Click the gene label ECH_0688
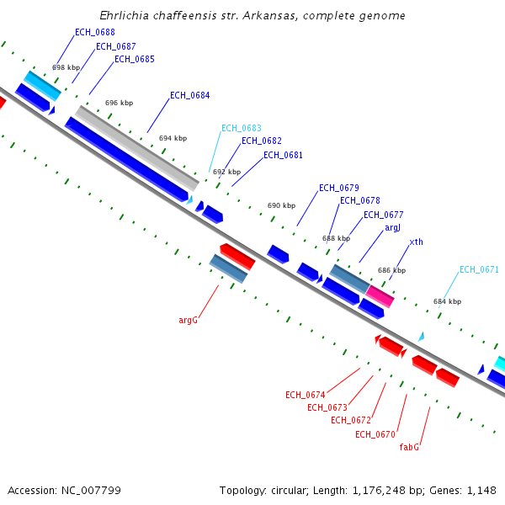[x=95, y=32]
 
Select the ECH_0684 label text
[x=190, y=95]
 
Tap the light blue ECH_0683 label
[x=242, y=128]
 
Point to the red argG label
[x=188, y=320]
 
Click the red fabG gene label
[x=409, y=447]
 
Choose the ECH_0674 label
[x=305, y=395]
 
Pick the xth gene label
[x=417, y=242]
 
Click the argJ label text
[x=393, y=227]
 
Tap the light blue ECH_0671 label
[x=479, y=270]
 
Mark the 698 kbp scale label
[x=66, y=67]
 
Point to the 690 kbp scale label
[x=281, y=205]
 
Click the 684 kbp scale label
[x=447, y=301]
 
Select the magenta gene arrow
[x=380, y=290]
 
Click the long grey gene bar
[x=137, y=148]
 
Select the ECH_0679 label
[x=339, y=188]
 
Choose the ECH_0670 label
[x=375, y=434]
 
